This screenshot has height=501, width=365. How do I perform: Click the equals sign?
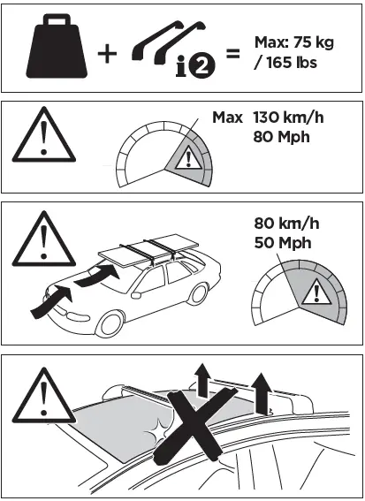click(x=233, y=53)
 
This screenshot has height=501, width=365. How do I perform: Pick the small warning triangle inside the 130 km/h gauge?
click(x=187, y=159)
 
